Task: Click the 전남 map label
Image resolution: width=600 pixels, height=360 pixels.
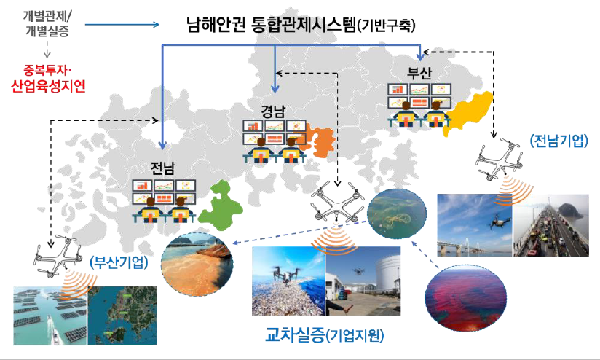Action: click(x=162, y=168)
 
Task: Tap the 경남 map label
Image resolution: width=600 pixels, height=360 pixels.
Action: click(x=274, y=111)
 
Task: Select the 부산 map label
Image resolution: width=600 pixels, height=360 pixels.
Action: click(x=419, y=73)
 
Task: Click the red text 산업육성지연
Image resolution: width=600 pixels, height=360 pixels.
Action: click(x=48, y=86)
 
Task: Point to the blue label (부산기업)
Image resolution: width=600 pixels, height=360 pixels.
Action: click(x=119, y=262)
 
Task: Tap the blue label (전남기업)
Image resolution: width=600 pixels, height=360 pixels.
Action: click(x=559, y=141)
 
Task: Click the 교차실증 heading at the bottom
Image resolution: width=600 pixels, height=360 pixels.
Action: click(x=295, y=334)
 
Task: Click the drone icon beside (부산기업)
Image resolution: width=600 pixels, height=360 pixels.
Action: click(x=58, y=254)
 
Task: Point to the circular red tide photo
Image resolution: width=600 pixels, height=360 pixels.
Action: click(x=466, y=298)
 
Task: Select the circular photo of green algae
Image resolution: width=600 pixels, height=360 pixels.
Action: click(x=397, y=214)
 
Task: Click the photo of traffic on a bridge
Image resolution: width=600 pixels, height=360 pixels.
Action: click(x=551, y=226)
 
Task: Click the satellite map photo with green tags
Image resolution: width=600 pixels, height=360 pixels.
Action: click(x=122, y=316)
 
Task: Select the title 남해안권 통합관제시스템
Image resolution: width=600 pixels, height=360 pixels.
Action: click(x=272, y=25)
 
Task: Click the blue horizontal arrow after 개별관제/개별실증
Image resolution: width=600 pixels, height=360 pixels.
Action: click(x=122, y=25)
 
